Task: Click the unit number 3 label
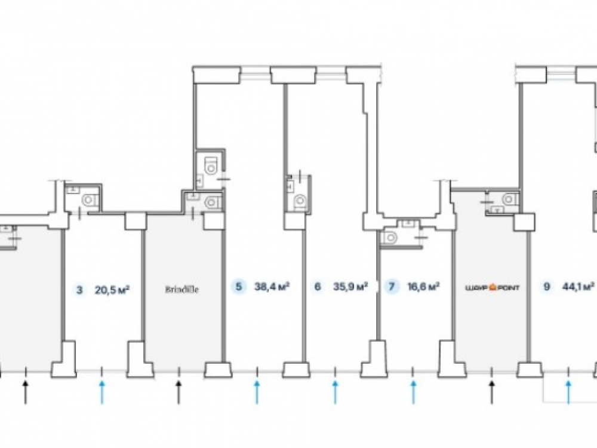[79, 291]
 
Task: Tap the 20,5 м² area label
[112, 291]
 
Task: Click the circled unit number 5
[239, 287]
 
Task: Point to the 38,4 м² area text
[272, 287]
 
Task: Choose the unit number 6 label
[317, 287]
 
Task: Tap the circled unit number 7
[392, 287]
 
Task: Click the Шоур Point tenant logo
[491, 287]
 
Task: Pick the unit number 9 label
[547, 287]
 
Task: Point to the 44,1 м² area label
[578, 287]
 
